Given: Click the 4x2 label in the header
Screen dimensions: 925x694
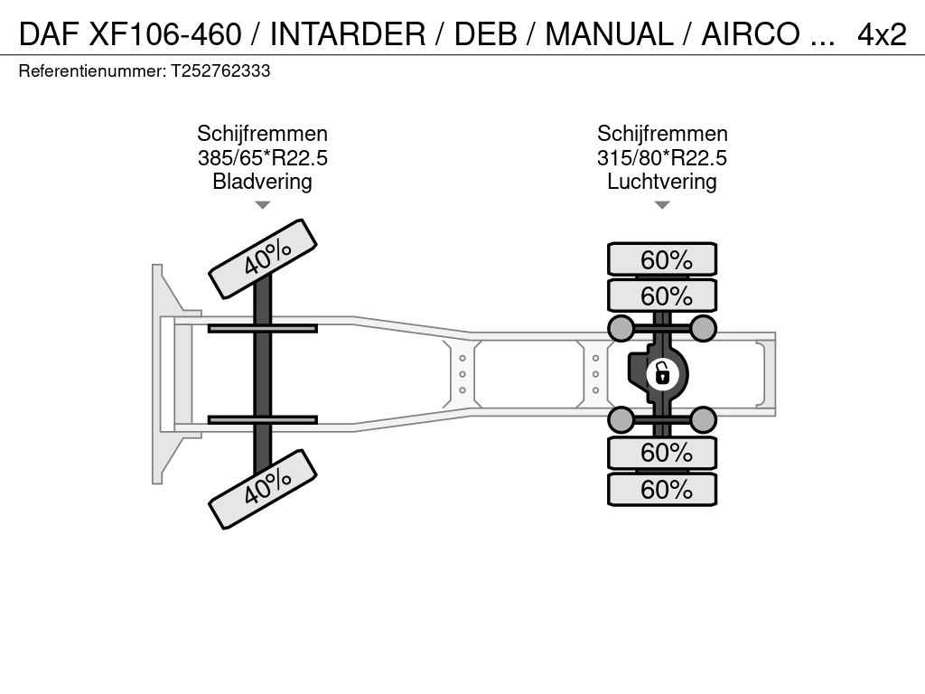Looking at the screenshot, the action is point(882,34).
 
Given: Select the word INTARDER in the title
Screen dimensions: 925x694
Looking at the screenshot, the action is point(348,34).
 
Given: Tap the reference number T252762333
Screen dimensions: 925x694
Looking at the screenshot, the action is point(220,70).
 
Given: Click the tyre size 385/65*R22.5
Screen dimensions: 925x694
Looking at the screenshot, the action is point(263,158).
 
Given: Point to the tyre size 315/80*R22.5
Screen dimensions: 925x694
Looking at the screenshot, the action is point(662,158).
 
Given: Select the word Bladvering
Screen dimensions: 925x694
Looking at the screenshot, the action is point(263,181).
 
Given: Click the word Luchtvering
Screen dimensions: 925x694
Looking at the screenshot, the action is point(662,181).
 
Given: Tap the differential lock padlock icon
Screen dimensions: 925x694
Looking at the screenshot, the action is point(662,373).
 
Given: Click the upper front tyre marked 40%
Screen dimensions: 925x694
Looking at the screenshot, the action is point(263,258).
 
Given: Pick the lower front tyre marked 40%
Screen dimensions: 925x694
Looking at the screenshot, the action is point(263,489).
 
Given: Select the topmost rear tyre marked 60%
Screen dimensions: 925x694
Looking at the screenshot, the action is point(662,259).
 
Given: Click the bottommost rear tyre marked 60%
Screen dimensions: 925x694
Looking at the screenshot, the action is point(662,489).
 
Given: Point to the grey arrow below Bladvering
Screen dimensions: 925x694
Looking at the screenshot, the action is point(263,205).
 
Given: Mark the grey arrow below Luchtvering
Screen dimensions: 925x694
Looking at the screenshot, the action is point(662,205).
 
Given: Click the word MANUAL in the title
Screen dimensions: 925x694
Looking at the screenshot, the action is point(609,34).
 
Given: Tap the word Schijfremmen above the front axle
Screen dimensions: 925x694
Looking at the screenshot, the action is point(263,134).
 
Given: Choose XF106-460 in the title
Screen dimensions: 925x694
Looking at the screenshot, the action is point(165,34).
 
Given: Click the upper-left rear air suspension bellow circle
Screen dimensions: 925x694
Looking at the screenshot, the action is point(621,328).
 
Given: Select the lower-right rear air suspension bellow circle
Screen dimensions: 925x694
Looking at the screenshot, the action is point(703,419).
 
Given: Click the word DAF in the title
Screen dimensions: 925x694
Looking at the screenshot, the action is point(49,34).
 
